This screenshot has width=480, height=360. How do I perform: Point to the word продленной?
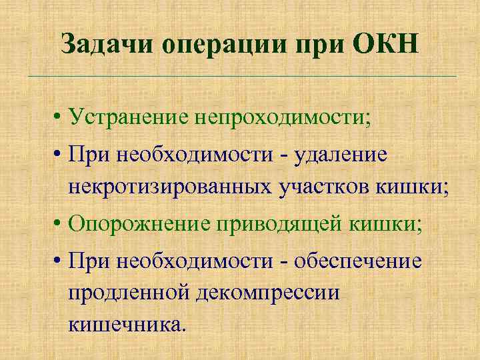coord(127,293)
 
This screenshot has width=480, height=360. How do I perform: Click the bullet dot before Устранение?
coord(59,119)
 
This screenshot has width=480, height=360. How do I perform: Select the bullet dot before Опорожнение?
coord(59,223)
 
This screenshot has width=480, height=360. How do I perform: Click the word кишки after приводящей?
coord(386,223)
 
